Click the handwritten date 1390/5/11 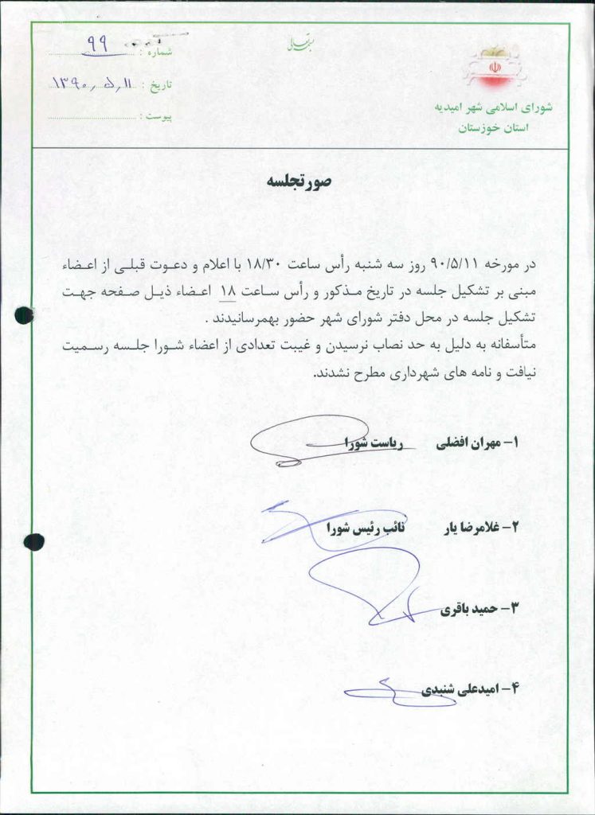point(96,83)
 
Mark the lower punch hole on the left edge point(33,542)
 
